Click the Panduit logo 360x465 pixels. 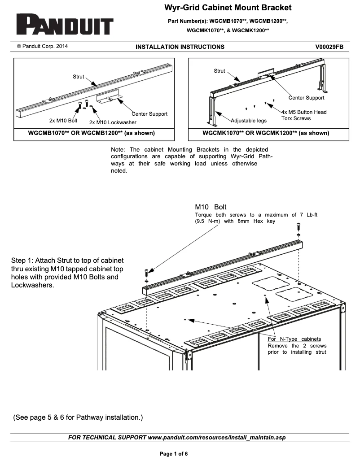[65, 25]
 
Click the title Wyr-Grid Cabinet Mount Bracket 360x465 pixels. [228, 8]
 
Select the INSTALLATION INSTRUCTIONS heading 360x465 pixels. [180, 47]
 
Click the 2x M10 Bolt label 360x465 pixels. [63, 121]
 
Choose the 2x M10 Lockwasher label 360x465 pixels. [113, 122]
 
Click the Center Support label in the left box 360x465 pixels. [149, 114]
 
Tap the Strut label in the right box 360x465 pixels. [220, 71]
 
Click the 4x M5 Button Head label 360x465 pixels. [304, 112]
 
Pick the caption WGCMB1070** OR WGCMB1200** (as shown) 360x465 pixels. [92, 133]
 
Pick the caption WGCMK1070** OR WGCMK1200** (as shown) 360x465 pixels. [266, 133]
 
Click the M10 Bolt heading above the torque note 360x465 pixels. [211, 207]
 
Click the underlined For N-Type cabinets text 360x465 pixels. [294, 339]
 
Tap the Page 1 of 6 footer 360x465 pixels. [174, 454]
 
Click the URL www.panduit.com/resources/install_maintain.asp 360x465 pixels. [216, 437]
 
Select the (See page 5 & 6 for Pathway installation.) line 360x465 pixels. [78, 417]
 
